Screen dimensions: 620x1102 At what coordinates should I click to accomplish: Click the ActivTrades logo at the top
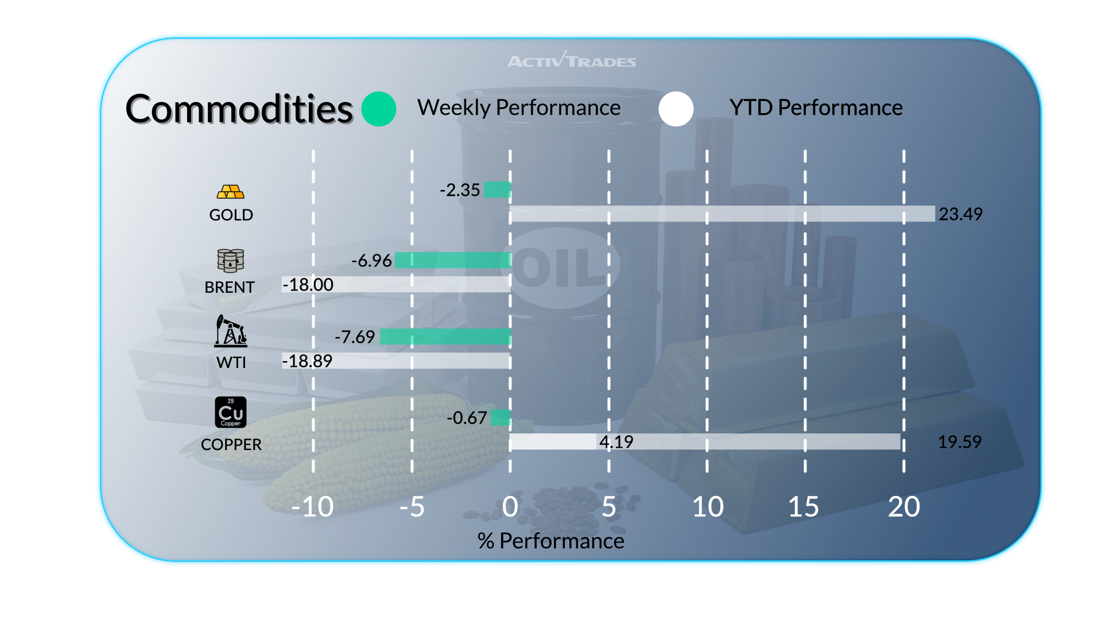(x=572, y=60)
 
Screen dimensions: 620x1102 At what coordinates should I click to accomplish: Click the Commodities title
(x=239, y=109)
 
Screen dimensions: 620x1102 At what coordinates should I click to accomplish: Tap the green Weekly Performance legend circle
(x=379, y=109)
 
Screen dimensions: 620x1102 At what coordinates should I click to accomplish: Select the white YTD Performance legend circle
(x=676, y=109)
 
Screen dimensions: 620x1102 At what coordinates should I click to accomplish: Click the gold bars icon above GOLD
(x=230, y=192)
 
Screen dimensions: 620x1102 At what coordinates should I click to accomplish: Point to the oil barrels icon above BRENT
(x=230, y=261)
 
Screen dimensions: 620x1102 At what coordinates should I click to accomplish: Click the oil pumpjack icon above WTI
(x=230, y=331)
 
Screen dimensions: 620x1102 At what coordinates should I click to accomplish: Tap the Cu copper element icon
(x=230, y=412)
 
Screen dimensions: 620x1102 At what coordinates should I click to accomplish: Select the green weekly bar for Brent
(x=452, y=261)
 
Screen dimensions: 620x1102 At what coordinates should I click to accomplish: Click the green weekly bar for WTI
(x=445, y=336)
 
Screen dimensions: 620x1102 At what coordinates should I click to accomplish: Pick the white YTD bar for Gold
(x=722, y=214)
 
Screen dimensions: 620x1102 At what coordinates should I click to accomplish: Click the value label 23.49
(x=960, y=214)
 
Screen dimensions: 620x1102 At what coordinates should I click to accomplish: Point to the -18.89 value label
(x=307, y=361)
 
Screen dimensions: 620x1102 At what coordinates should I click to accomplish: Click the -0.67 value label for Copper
(x=467, y=418)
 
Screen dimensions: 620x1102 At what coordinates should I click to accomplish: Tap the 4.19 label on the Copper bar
(x=616, y=442)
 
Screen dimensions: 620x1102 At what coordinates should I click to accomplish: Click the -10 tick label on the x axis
(x=312, y=507)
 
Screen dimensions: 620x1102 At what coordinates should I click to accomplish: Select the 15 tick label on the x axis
(x=803, y=507)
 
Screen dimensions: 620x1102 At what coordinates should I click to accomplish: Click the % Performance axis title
(x=550, y=541)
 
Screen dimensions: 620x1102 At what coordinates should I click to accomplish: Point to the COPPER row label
(x=231, y=444)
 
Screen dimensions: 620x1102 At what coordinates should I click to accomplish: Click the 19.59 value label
(x=959, y=442)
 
